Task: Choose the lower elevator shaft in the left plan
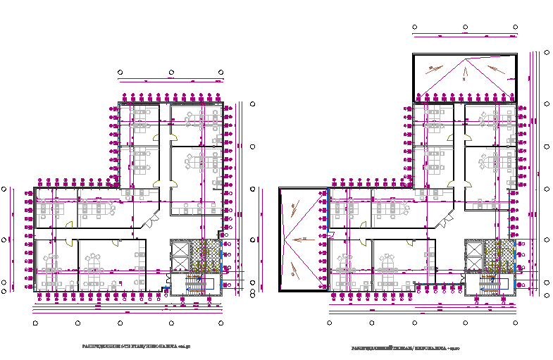pyautogui.click(x=181, y=264)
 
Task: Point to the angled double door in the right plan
pyautogui.click(x=445, y=222)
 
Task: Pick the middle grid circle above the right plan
pyautogui.click(x=466, y=27)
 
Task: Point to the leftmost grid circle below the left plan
pyautogui.click(x=35, y=323)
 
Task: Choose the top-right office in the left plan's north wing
pyautogui.click(x=197, y=121)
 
